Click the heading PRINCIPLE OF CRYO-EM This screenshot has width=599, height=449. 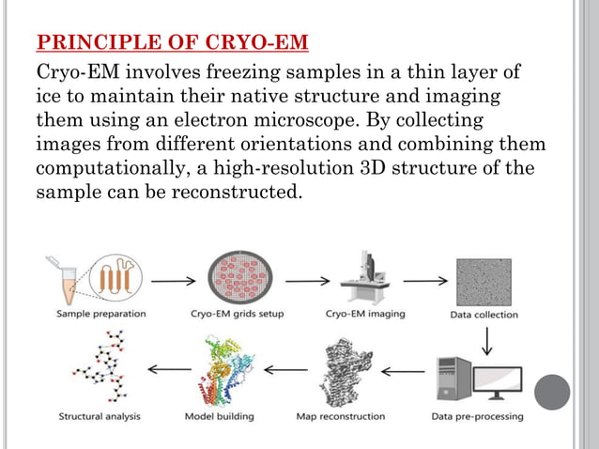(x=172, y=43)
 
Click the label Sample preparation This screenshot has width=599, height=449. (x=100, y=314)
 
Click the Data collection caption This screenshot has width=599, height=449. (x=483, y=315)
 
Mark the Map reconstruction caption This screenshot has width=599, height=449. (x=340, y=416)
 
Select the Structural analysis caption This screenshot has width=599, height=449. (x=100, y=416)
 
